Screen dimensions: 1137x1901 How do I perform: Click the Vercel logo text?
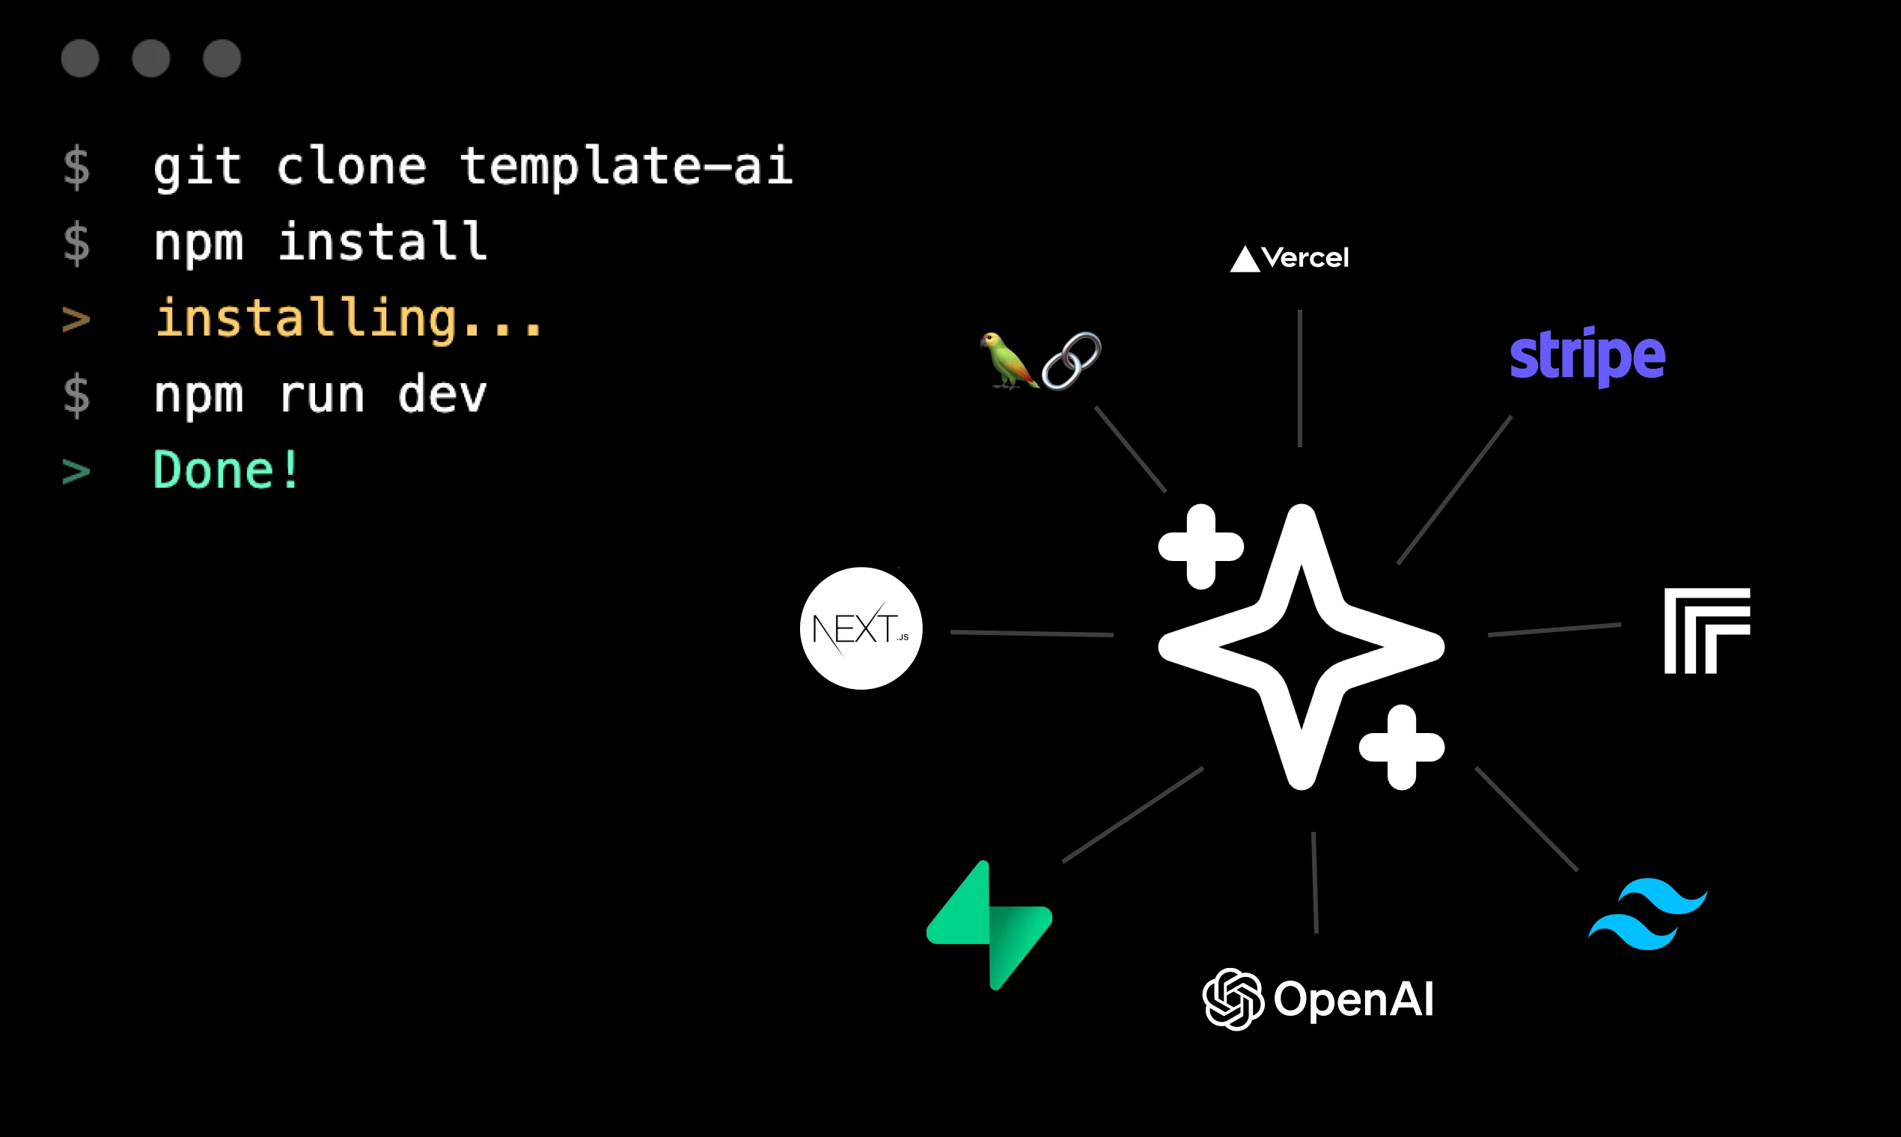pos(1304,258)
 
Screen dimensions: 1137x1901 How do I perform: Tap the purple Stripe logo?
pos(1587,355)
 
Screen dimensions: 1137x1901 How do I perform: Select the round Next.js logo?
pos(861,628)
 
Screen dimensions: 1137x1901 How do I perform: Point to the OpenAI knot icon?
pos(1233,999)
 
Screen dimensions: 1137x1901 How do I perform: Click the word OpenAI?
pos(1353,999)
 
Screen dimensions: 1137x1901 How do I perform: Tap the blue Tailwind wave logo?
pos(1648,914)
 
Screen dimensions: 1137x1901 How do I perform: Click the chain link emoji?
pos(1071,360)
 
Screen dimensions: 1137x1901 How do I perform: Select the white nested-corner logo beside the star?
pos(1707,631)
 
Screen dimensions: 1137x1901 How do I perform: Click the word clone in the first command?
pos(351,166)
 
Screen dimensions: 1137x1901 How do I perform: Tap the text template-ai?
pos(626,166)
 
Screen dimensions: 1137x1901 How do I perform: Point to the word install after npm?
pos(382,242)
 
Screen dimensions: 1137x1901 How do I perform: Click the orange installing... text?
pos(349,319)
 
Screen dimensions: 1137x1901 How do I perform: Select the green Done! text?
pos(226,471)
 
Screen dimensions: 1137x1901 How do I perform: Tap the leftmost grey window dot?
pos(80,58)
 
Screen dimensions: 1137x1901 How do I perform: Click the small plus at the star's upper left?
pos(1200,547)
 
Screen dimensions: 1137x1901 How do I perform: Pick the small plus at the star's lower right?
pos(1401,747)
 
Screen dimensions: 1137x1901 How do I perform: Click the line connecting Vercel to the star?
pos(1300,379)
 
